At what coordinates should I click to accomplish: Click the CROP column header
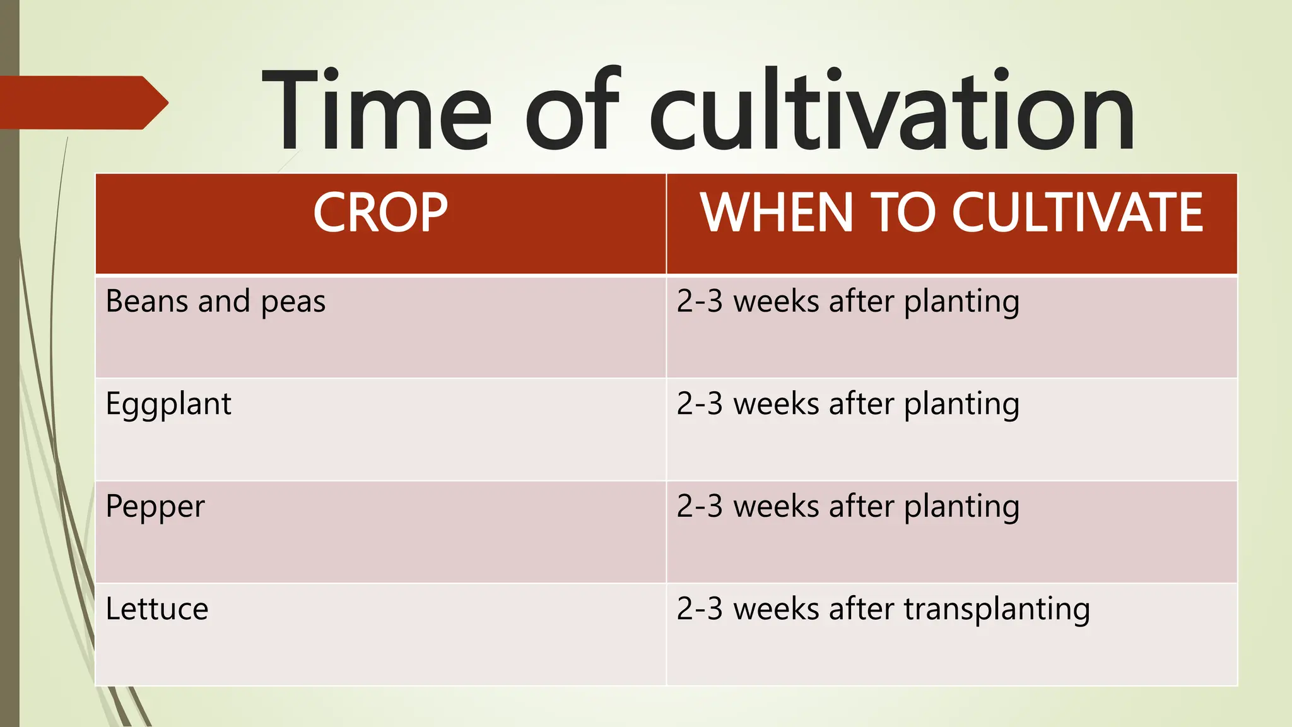[380, 213]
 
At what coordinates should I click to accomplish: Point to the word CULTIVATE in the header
[1077, 213]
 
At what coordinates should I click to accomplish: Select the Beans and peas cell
[216, 302]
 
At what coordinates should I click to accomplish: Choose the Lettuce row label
[157, 610]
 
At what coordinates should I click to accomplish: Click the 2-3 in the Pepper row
[699, 507]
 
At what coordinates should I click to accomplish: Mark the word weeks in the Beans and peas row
[776, 302]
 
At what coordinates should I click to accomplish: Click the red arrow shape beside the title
[82, 103]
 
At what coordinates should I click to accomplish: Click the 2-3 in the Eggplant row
[699, 405]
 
